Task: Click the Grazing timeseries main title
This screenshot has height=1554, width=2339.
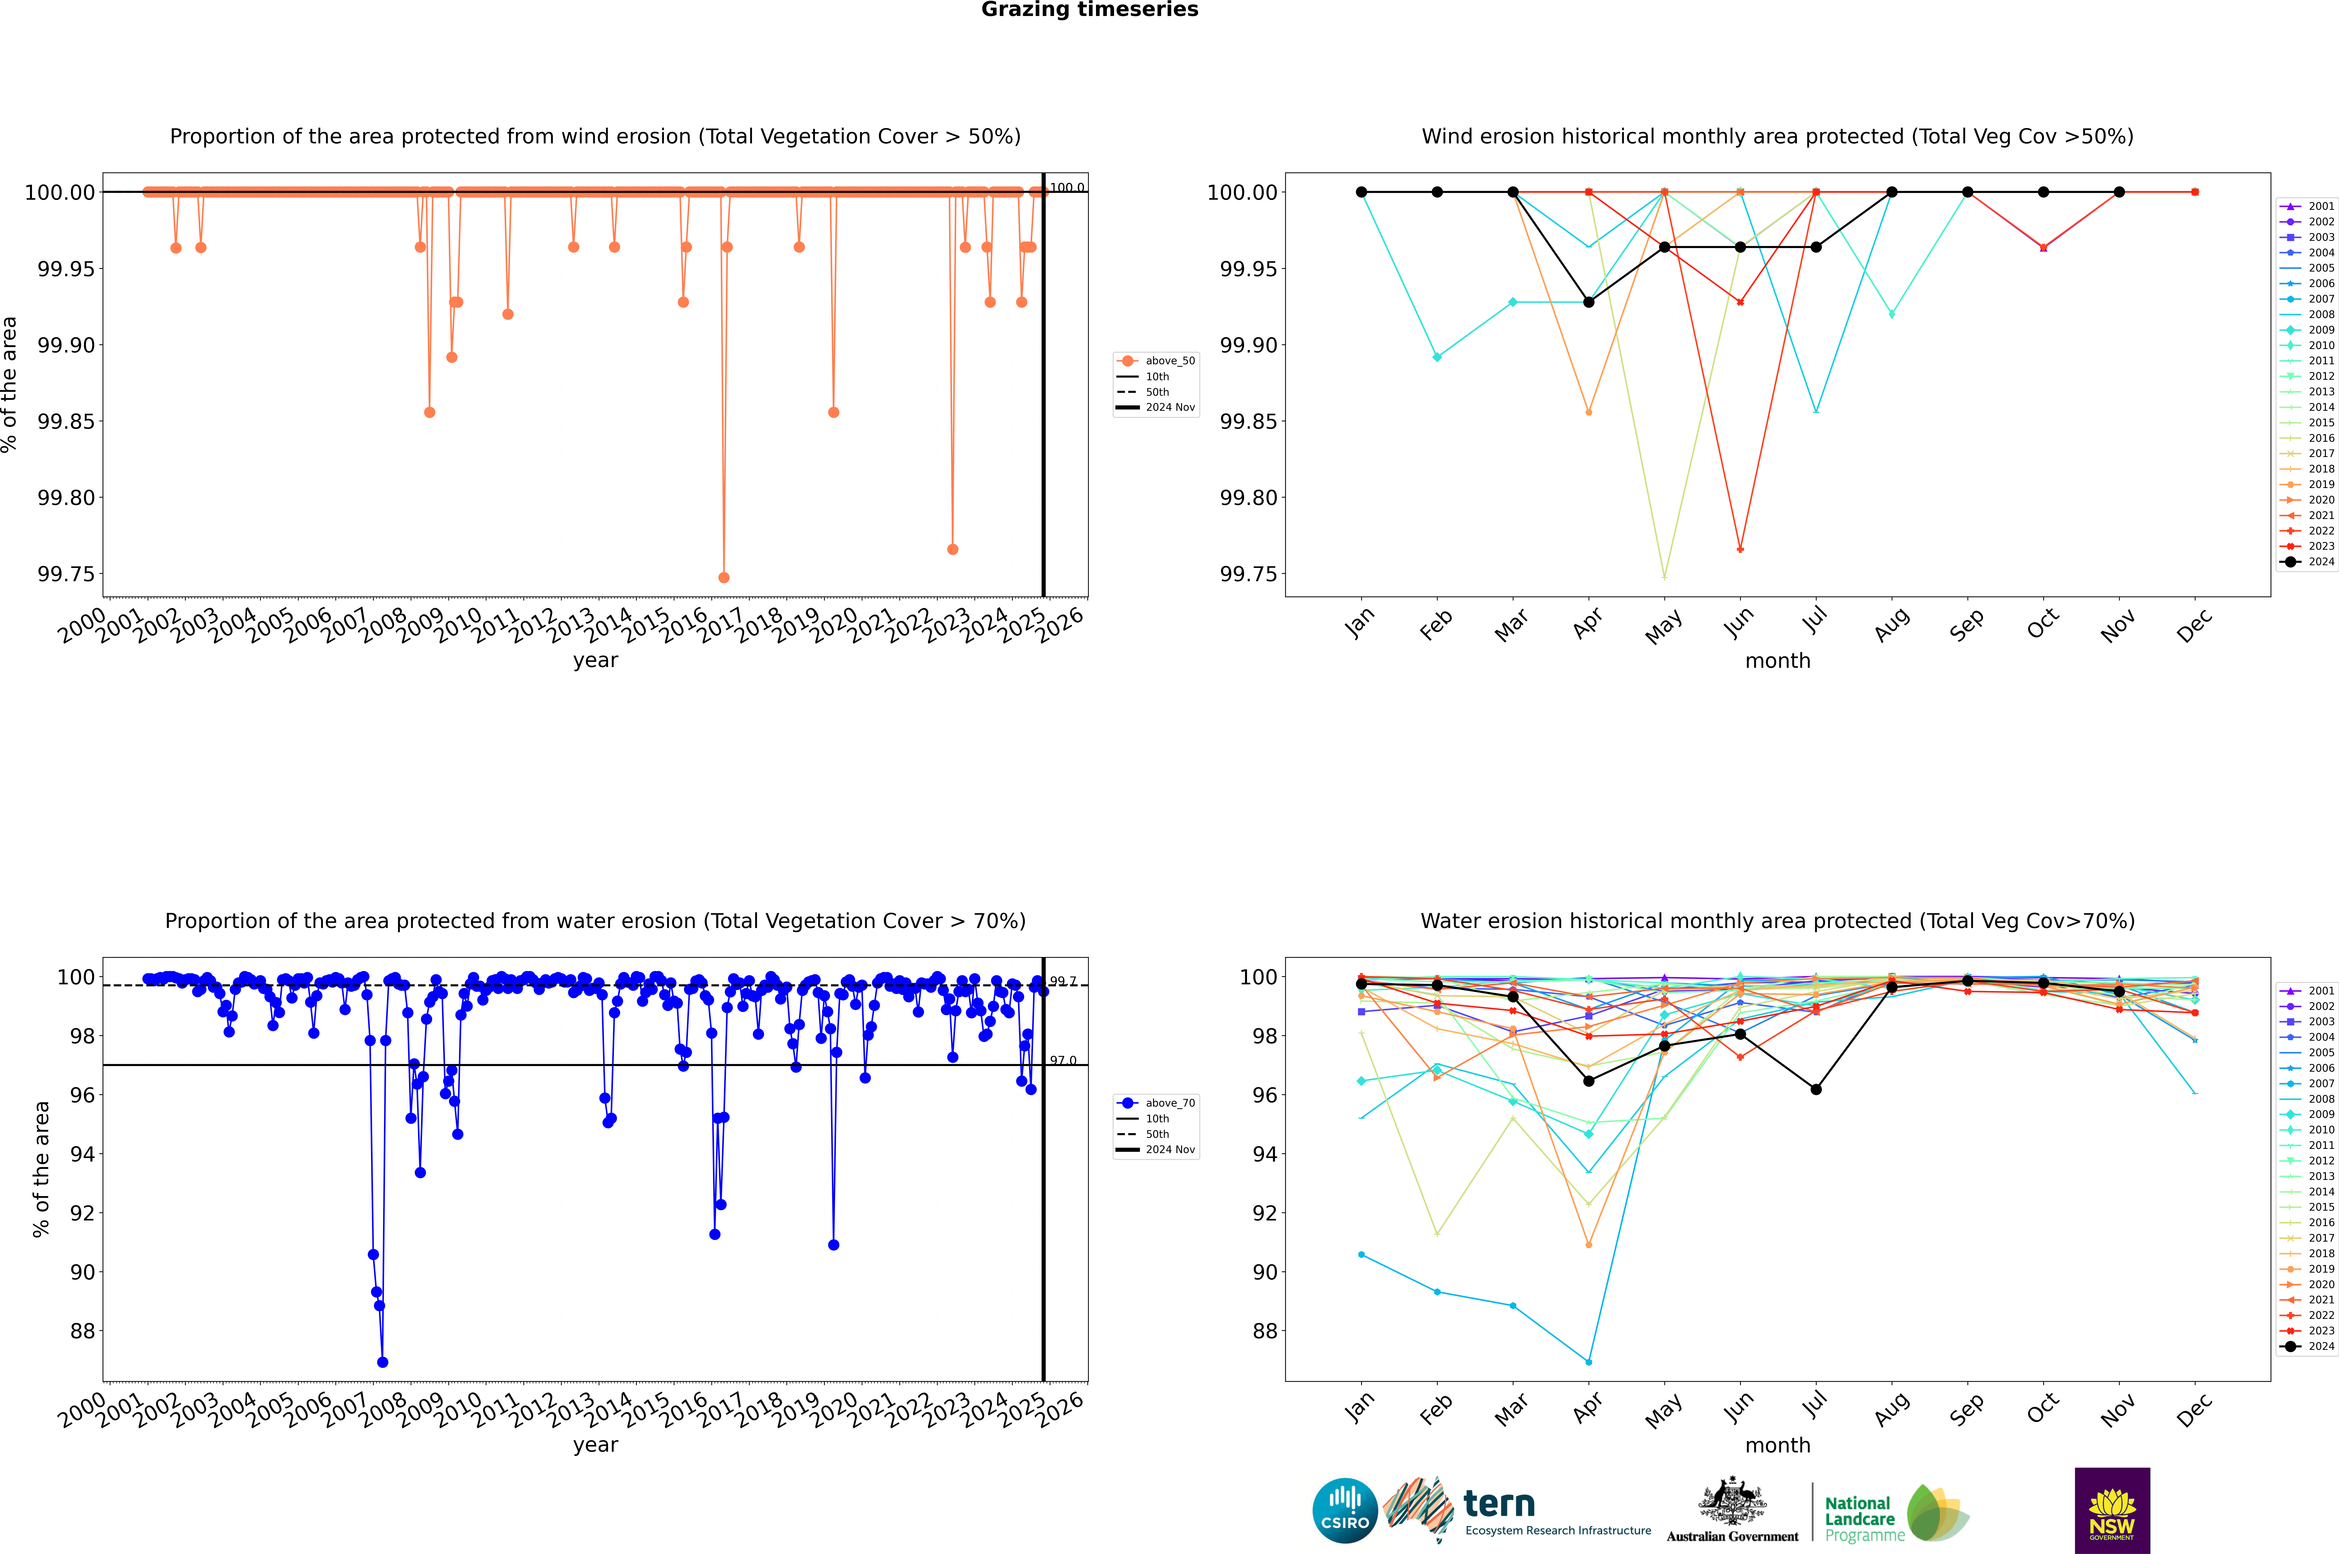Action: (x=1090, y=10)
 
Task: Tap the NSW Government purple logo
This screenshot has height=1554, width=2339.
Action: (x=2112, y=1510)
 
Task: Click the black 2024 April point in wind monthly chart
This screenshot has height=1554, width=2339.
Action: (x=1589, y=302)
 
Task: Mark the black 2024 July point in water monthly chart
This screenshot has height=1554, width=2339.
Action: (x=1815, y=1089)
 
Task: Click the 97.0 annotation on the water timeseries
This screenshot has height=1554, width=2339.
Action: (x=1063, y=1060)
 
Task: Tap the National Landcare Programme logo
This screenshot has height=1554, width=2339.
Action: (x=1894, y=1513)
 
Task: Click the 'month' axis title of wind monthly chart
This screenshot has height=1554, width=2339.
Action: (x=1777, y=661)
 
